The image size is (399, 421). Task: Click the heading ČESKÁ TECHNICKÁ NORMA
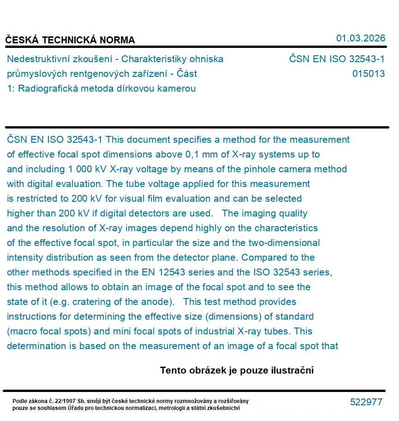[70, 40]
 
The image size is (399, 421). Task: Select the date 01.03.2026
[360, 38]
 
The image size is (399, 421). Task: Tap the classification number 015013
[368, 74]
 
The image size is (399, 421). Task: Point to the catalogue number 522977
[366, 402]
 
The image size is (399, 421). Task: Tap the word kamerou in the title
[178, 88]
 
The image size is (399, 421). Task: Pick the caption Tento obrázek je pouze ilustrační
[237, 370]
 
